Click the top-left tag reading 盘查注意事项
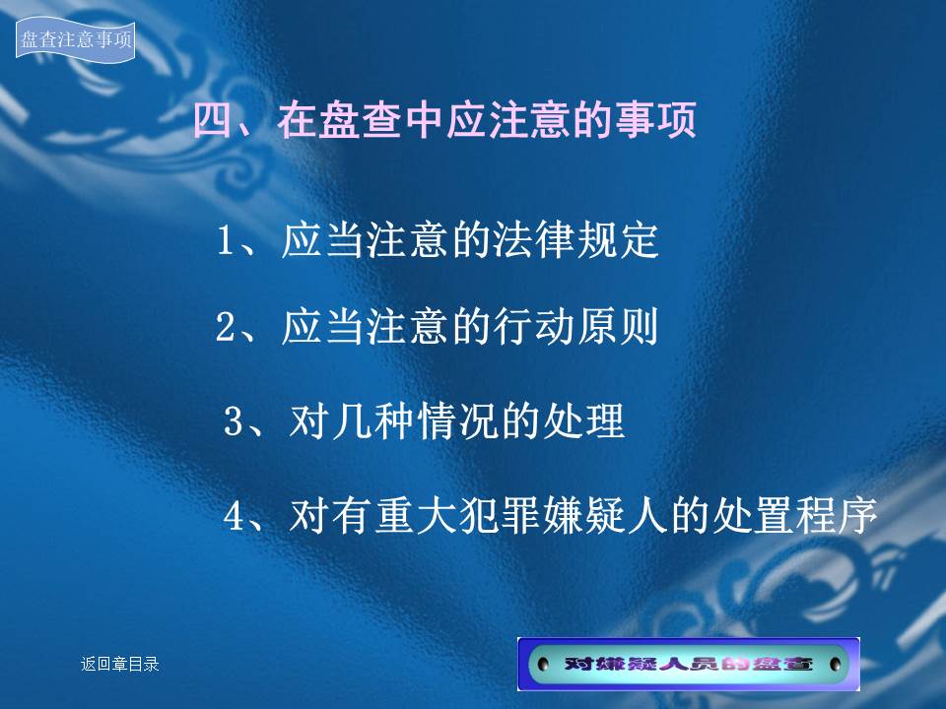click(76, 39)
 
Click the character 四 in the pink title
click(214, 119)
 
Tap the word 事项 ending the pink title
click(656, 119)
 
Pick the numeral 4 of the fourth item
click(233, 516)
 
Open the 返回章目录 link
click(120, 664)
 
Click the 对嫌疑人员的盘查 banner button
click(689, 664)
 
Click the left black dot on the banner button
click(543, 665)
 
